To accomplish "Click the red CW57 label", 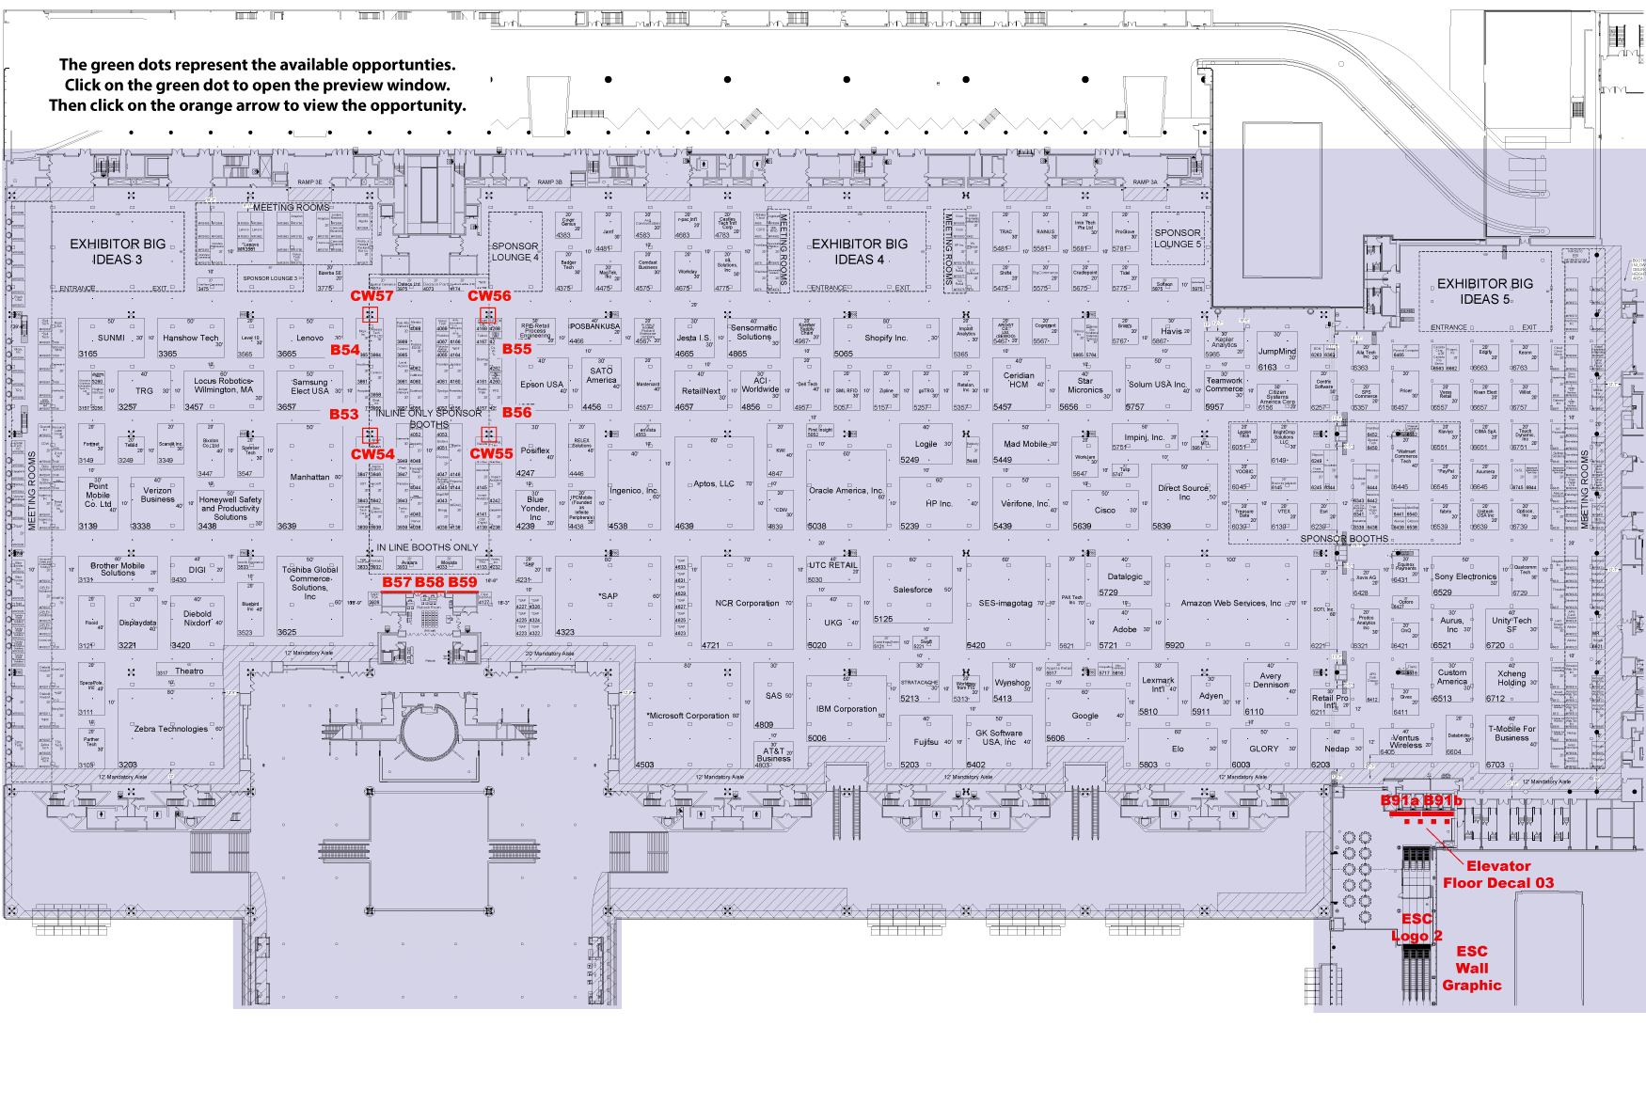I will (372, 296).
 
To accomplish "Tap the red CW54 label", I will (372, 454).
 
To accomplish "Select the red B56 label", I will (516, 413).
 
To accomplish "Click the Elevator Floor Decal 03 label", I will (1498, 875).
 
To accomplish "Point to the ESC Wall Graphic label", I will (1472, 969).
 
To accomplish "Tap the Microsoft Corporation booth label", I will (688, 716).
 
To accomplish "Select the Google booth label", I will (1084, 716).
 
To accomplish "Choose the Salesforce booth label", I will (912, 590).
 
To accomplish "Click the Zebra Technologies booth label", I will (170, 729).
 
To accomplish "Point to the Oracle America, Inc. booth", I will (846, 491).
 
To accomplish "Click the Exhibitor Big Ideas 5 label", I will (1484, 292).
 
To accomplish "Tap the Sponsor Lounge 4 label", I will (515, 252).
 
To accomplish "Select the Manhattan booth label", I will (309, 478).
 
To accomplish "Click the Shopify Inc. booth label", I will (885, 339).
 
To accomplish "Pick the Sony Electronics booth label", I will (1464, 576).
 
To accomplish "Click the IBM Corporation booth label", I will (846, 709).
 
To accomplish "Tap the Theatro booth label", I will (189, 671).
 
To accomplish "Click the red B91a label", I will (1400, 801).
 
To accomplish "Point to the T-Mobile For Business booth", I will (1511, 734).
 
